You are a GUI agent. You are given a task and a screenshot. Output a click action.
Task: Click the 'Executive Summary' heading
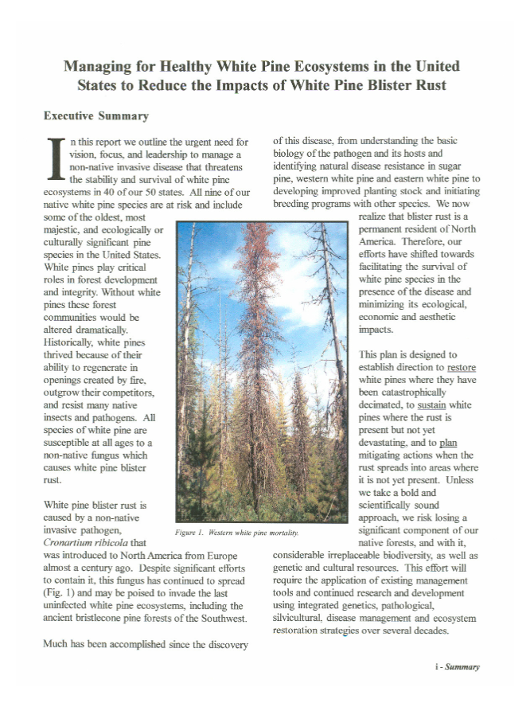click(95, 116)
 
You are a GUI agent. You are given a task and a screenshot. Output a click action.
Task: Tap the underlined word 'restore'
click(461, 368)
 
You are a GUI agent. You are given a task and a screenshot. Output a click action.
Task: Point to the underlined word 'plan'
click(448, 443)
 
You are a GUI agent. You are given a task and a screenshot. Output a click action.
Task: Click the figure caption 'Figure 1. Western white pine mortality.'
click(236, 532)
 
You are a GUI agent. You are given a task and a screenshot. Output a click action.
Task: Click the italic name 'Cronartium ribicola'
click(85, 543)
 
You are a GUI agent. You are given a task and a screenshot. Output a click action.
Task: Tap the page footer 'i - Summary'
click(457, 666)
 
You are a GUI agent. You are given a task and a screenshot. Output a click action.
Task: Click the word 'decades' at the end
click(431, 631)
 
